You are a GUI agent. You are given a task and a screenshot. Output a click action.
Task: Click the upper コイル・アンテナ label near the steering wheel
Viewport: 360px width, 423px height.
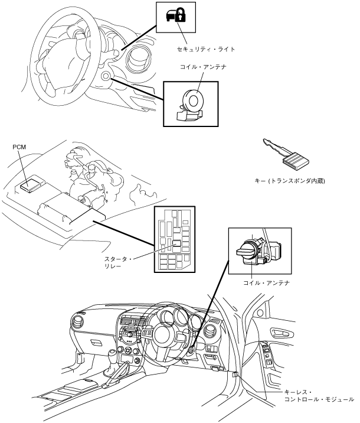(x=204, y=67)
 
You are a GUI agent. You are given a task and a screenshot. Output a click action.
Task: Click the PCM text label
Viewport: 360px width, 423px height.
(x=19, y=146)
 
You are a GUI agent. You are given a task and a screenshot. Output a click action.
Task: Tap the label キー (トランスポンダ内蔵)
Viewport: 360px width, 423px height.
(x=286, y=181)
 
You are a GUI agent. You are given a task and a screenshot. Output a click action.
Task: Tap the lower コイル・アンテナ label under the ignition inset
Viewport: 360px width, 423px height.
(x=267, y=283)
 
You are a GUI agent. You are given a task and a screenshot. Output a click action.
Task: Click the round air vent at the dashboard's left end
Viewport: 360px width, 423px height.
(x=78, y=324)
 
